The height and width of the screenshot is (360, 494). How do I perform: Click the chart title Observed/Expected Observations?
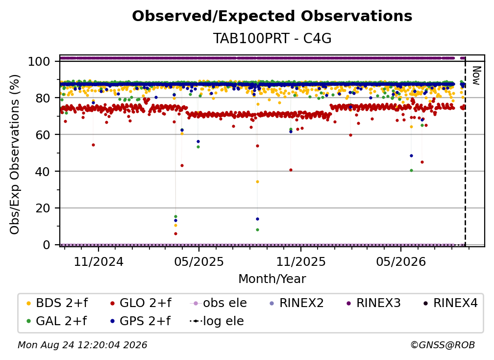click(272, 16)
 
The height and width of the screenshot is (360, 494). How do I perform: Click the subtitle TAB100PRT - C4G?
click(272, 38)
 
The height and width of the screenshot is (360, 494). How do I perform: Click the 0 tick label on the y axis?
click(47, 245)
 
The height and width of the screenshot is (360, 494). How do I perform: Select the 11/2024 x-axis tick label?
click(99, 261)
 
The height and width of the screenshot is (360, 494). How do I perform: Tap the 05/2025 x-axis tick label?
click(199, 261)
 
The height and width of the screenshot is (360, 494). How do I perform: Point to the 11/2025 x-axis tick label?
click(301, 261)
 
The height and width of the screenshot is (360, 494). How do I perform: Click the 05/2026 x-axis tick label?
click(401, 261)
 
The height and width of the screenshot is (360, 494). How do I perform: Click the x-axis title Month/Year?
click(272, 279)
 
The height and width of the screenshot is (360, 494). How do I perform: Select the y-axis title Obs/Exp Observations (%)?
click(15, 154)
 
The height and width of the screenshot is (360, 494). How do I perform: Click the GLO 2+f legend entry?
click(141, 303)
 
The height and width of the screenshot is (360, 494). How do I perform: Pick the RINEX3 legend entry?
click(373, 303)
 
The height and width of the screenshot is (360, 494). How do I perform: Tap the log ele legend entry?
click(217, 321)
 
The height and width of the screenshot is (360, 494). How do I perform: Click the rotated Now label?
click(476, 76)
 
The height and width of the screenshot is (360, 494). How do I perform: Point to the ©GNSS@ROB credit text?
click(443, 345)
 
